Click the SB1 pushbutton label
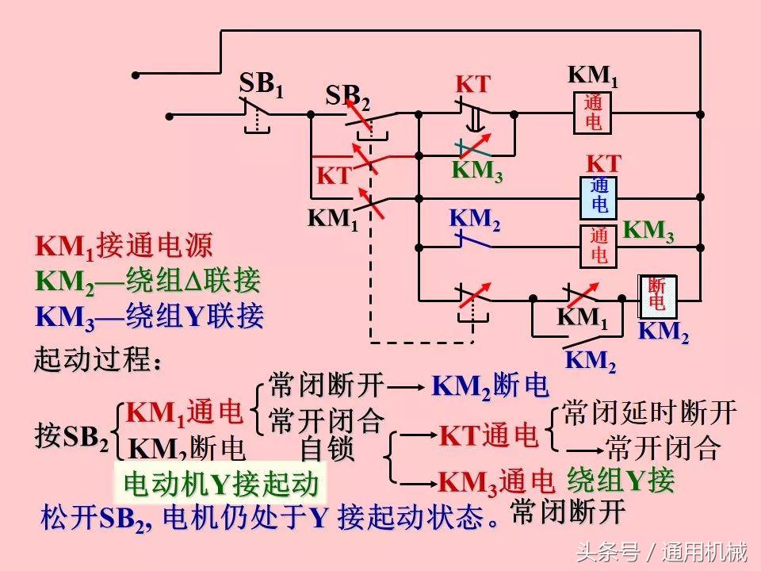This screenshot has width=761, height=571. (261, 84)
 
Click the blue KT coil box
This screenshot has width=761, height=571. (599, 197)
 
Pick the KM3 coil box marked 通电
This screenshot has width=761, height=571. (599, 245)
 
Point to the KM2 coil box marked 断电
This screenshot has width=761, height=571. (657, 295)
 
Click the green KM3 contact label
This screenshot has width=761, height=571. (477, 171)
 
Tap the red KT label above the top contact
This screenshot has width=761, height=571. (472, 85)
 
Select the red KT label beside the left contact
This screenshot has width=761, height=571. (334, 176)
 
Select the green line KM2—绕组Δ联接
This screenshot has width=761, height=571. (147, 282)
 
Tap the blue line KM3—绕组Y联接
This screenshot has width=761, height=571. (149, 317)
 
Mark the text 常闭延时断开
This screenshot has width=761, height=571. (649, 412)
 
